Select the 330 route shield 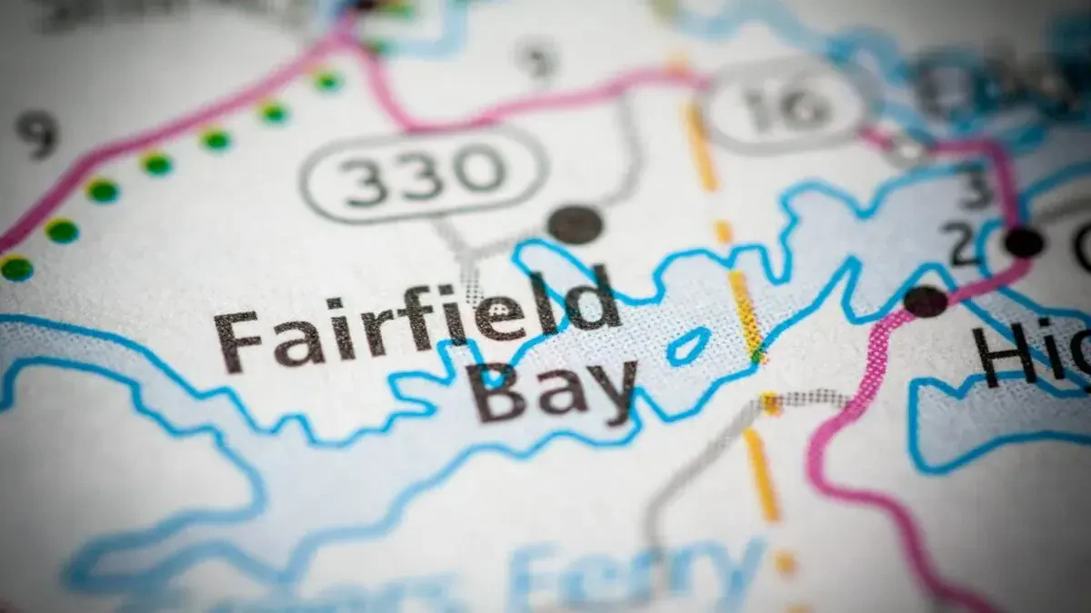tap(423, 173)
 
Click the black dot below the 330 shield tap(576, 223)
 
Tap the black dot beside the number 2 tap(1025, 242)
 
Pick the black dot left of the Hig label tap(926, 301)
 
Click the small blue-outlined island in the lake tap(688, 345)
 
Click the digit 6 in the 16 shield tap(805, 106)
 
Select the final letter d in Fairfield tap(596, 298)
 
